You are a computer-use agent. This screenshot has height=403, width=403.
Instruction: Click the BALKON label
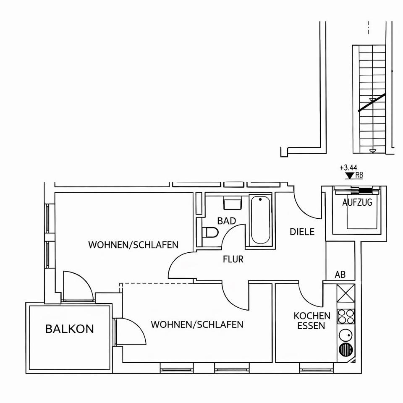(x=70, y=329)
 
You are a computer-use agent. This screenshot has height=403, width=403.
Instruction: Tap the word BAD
(x=227, y=221)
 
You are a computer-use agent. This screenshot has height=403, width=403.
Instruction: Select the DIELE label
(x=302, y=232)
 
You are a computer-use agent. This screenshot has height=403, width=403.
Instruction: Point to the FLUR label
(x=233, y=259)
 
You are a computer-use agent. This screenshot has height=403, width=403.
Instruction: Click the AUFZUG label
(x=357, y=202)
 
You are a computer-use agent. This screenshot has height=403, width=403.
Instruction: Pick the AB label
(x=340, y=275)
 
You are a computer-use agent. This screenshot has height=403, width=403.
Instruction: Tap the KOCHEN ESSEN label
(x=312, y=320)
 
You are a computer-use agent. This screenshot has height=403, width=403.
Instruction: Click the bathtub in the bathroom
(x=260, y=220)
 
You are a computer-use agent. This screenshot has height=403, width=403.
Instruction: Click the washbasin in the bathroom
(x=232, y=204)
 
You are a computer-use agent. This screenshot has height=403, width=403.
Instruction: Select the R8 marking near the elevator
(x=359, y=176)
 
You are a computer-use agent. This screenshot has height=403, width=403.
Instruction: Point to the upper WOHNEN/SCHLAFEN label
(x=133, y=245)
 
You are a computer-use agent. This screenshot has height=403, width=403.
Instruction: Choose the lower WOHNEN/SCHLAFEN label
(x=197, y=324)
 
